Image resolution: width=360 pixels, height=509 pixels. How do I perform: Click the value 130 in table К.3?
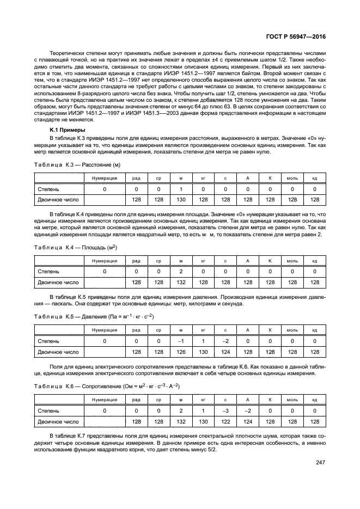click(180, 200)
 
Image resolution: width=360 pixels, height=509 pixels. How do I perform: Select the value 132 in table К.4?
click(180, 283)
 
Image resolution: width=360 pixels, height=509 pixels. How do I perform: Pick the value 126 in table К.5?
click(180, 352)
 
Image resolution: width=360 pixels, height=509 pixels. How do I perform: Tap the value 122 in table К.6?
click(225, 421)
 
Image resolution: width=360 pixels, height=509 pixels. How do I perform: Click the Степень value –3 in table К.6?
click(225, 410)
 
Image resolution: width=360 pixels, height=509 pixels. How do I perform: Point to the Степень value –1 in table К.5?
click(180, 341)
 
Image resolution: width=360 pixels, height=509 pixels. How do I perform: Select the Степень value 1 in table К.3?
click(180, 189)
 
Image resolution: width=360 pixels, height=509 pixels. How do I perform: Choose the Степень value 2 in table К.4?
click(180, 272)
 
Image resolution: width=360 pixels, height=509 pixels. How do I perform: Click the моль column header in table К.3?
click(292, 178)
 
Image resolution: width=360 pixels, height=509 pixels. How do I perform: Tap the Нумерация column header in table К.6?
click(105, 399)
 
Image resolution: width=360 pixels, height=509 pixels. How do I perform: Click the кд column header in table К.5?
click(314, 330)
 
